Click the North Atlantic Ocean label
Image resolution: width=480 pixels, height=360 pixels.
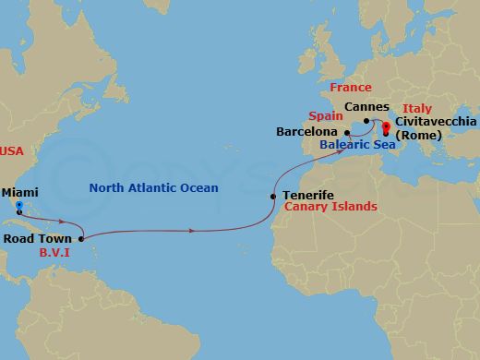154,188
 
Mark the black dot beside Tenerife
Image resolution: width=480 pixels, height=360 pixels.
272,196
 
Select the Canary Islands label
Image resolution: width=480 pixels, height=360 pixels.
330,207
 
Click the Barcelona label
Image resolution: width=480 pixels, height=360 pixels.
307,132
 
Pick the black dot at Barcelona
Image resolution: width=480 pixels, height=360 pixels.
347,132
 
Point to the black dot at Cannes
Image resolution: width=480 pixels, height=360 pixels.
366,120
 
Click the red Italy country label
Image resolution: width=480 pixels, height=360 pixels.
417,108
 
